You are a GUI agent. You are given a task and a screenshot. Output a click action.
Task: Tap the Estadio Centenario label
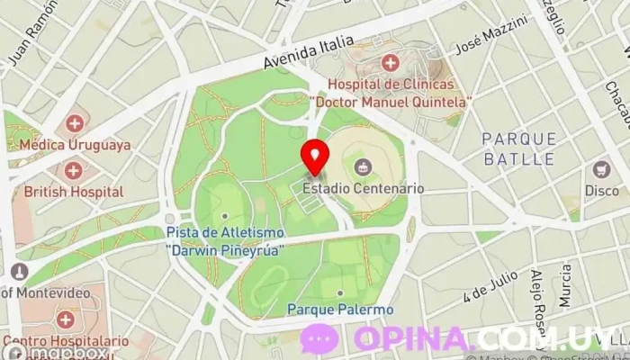click(x=363, y=189)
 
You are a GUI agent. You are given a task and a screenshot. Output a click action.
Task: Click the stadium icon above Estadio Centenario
click(x=363, y=166)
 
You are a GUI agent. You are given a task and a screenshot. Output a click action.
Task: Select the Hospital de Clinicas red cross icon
click(x=390, y=62)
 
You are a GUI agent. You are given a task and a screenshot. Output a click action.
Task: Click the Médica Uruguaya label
click(x=76, y=144)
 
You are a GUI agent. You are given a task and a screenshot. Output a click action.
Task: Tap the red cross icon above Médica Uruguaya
click(x=75, y=122)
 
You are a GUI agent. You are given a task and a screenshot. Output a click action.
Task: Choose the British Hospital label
click(x=74, y=191)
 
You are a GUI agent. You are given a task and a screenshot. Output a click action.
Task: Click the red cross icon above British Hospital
click(x=73, y=169)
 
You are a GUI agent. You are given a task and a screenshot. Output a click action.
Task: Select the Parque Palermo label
click(x=340, y=310)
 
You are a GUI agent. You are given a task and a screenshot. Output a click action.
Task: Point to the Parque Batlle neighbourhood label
click(x=518, y=148)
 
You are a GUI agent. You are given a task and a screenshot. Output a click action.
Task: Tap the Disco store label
click(x=602, y=191)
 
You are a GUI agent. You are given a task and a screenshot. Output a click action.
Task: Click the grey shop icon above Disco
click(x=601, y=169)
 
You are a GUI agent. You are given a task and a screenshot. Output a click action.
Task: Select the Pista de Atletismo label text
click(x=225, y=238)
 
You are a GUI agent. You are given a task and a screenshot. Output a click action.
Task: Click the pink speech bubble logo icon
click(x=320, y=339)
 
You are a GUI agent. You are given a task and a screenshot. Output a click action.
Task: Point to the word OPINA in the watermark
click(x=413, y=339)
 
